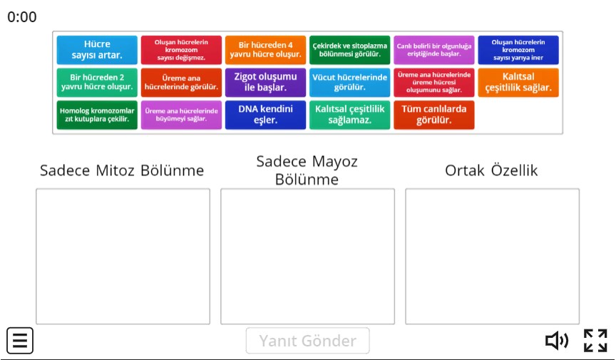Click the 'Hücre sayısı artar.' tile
coord(97,50)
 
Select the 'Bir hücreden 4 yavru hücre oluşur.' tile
coord(265,50)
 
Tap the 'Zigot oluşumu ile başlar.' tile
coord(265,82)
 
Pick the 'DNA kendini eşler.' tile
coord(265,115)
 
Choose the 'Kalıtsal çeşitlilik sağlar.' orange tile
coord(518,82)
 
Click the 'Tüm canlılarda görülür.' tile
coord(433,115)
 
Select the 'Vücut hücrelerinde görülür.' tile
coord(349,82)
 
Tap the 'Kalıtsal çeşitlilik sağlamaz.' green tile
coord(349,115)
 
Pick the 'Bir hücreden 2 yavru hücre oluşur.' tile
coord(97,82)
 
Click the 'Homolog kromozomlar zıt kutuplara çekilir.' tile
coord(97,115)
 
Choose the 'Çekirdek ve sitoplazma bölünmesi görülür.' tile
coord(349,50)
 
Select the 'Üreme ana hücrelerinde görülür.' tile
coord(181,82)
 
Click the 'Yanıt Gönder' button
coord(307,341)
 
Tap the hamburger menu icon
coord(20,341)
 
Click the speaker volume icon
coord(557,341)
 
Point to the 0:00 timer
coord(22,17)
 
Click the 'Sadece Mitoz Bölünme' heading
coord(122,171)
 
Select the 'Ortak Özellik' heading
coord(491,171)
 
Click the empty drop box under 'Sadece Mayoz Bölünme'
coord(307,256)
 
